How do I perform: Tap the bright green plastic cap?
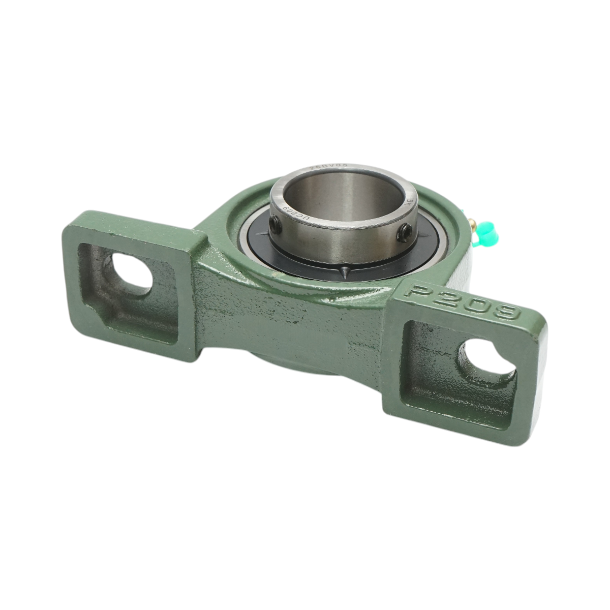[x=486, y=233]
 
